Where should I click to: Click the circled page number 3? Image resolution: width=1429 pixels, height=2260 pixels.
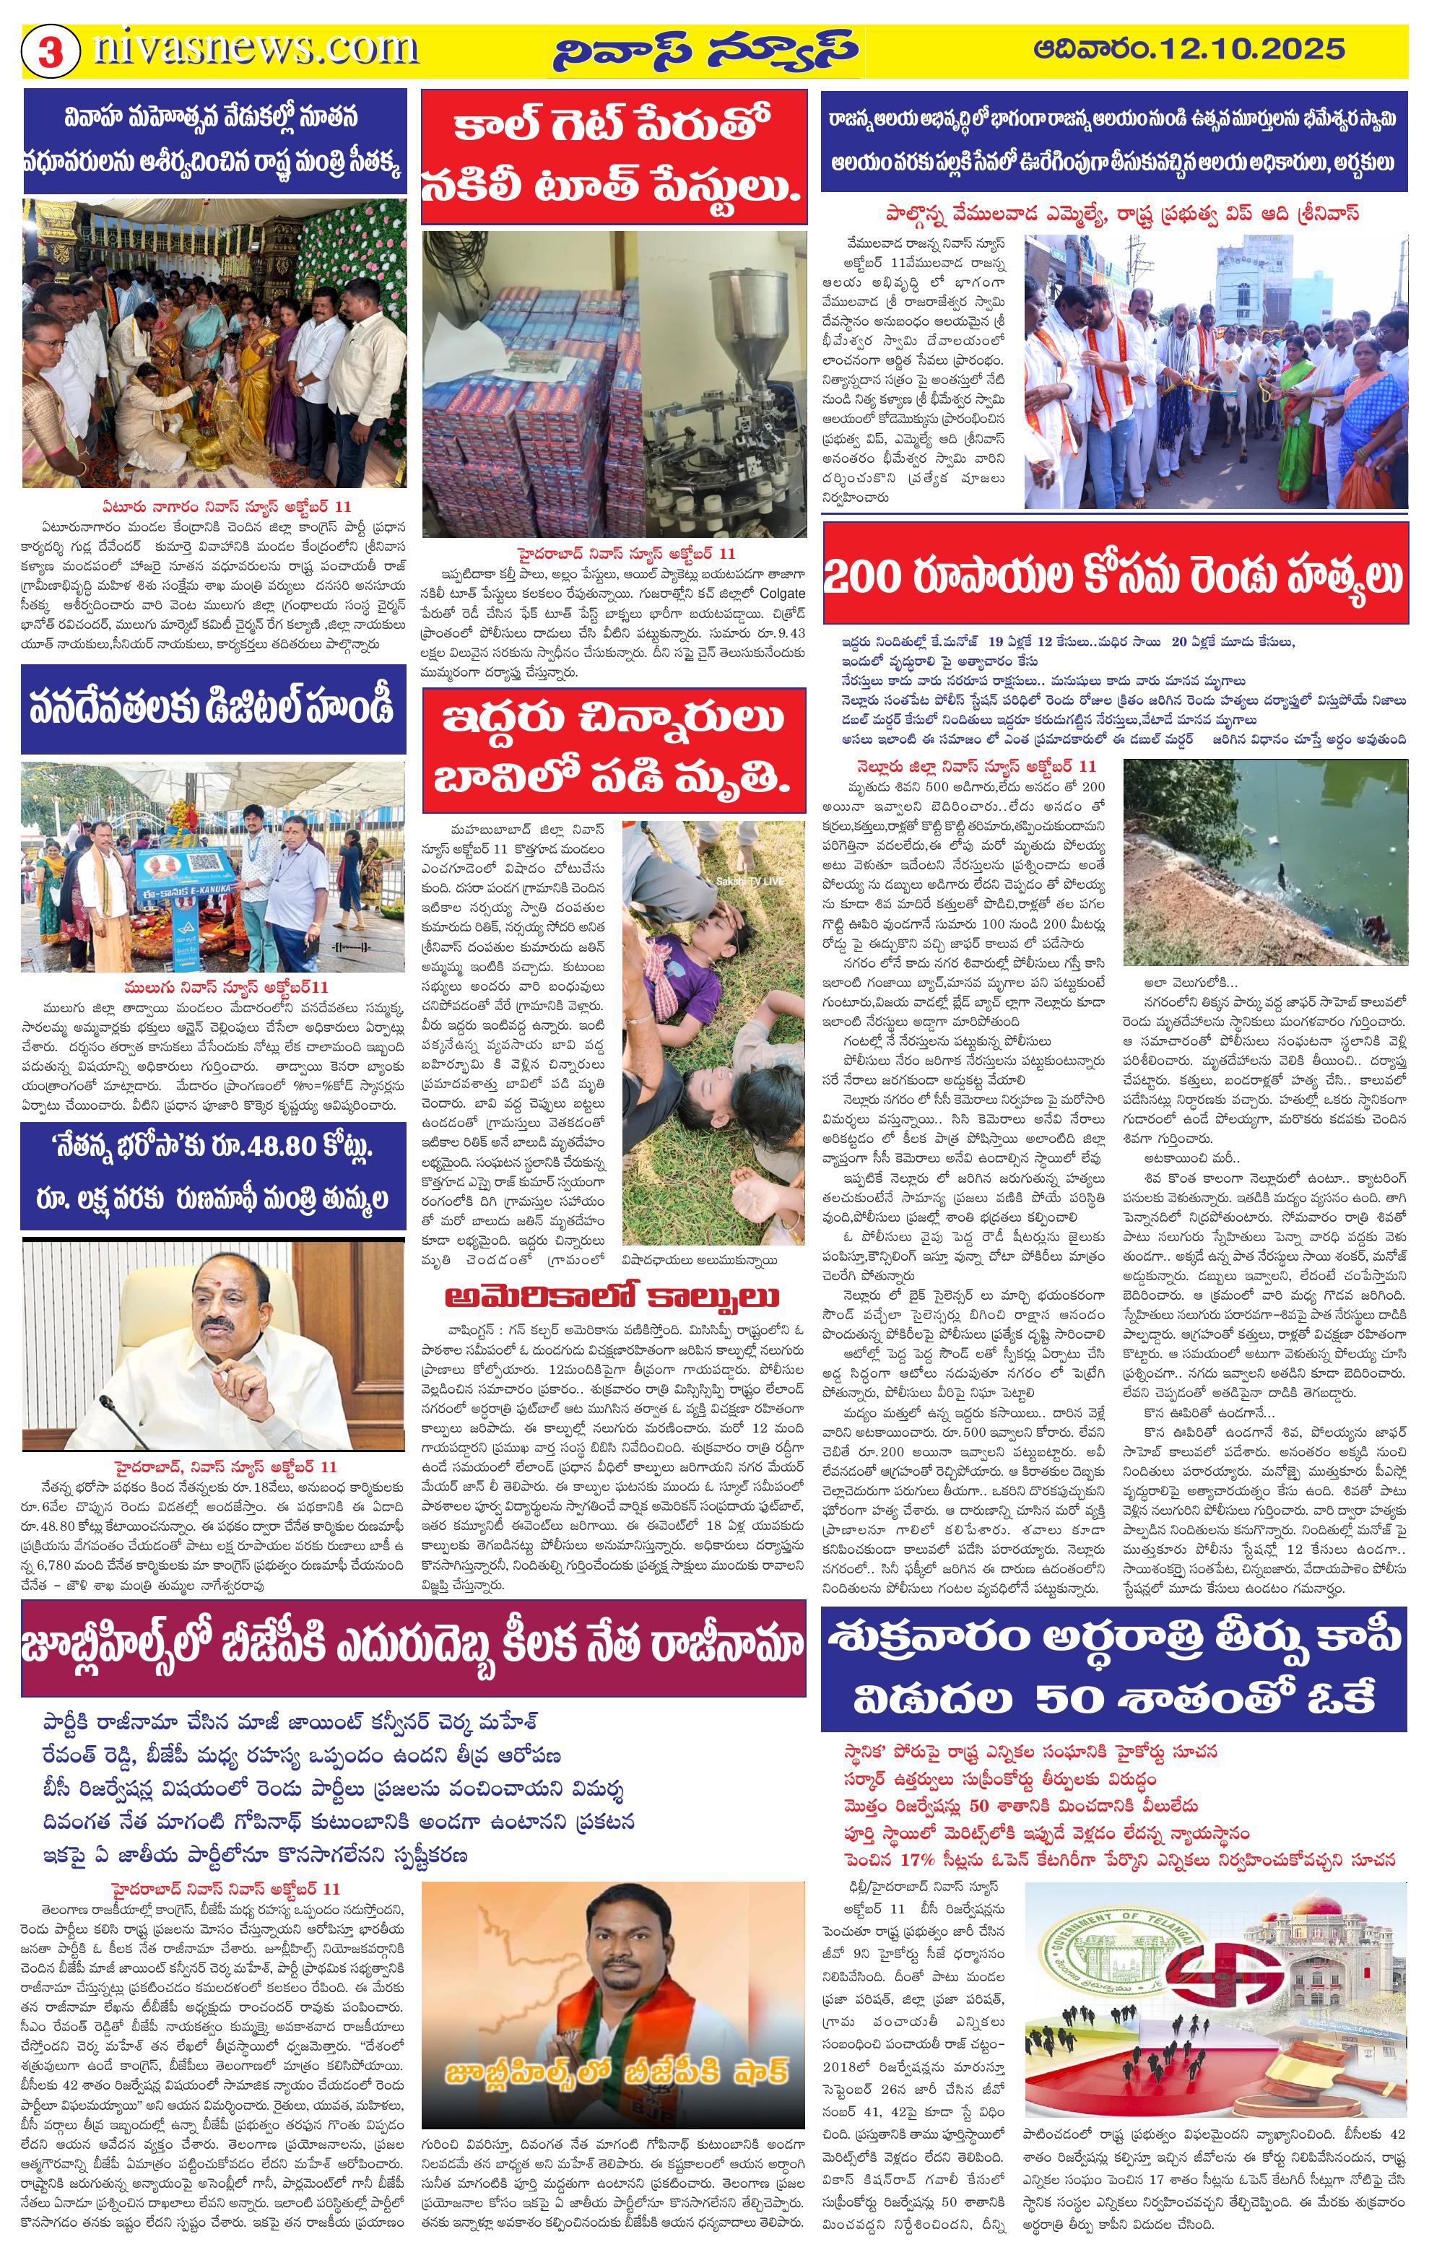click(x=50, y=51)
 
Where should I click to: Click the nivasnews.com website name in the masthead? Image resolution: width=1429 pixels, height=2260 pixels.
click(x=255, y=49)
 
